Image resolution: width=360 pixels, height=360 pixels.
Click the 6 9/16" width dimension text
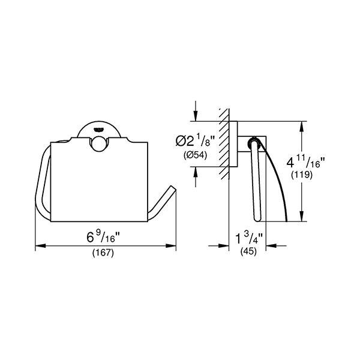pos(103,237)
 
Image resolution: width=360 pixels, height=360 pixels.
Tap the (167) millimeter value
pos(103,253)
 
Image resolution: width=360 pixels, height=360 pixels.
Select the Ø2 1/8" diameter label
pos(196,141)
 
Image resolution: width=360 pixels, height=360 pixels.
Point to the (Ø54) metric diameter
pos(196,155)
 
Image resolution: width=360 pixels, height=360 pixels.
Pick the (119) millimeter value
pos(302,175)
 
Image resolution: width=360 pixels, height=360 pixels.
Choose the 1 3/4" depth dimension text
pos(250,238)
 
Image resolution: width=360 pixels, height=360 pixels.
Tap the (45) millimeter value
pos(248,251)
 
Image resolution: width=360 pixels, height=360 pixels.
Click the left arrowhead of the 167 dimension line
pos(40,246)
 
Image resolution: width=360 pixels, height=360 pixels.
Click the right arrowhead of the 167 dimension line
pos(171,246)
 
